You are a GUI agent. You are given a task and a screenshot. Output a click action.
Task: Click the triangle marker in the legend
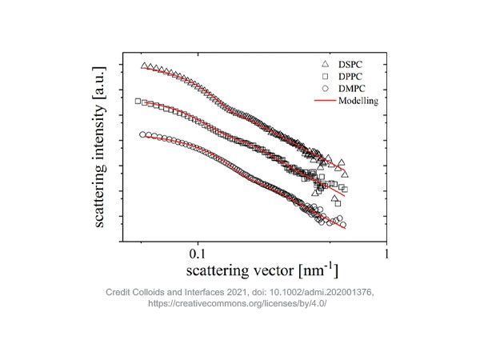coord(324,63)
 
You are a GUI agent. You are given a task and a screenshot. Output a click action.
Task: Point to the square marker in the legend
coord(324,76)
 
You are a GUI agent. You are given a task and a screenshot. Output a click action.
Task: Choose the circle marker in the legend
coord(324,89)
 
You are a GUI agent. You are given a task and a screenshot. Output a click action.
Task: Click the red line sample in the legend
coord(324,102)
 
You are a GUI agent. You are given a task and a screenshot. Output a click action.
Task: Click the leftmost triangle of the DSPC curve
coord(144,66)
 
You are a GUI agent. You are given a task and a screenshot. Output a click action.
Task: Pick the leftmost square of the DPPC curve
coord(138,102)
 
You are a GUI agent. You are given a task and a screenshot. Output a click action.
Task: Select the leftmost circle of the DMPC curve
coord(143,134)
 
